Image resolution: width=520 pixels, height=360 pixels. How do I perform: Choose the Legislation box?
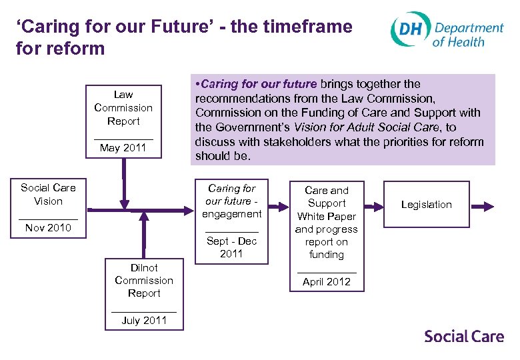coord(426,205)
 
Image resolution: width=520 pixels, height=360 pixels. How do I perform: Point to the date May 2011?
coord(123,148)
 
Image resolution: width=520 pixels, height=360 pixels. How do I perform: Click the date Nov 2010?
coord(48,228)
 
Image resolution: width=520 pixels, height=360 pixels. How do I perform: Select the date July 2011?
coord(144,320)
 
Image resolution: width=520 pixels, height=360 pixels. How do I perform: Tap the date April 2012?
coord(326,281)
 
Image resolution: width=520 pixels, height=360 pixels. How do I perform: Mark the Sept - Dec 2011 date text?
coord(232,247)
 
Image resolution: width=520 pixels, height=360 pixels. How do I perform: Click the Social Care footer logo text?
coord(464,336)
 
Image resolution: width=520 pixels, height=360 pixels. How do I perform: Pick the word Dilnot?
coord(144,268)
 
